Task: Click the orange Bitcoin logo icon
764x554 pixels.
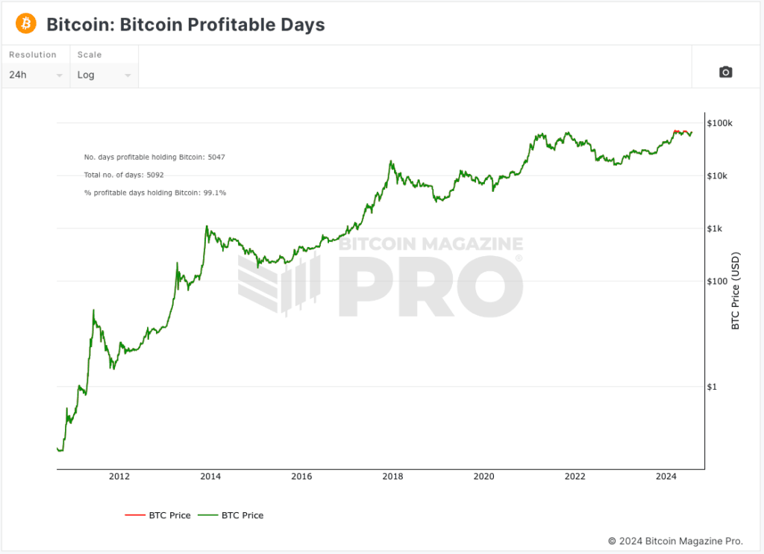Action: tap(25, 24)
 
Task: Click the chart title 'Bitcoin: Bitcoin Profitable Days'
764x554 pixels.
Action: tap(185, 25)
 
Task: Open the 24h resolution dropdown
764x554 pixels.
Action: tap(35, 75)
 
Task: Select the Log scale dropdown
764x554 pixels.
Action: tap(104, 75)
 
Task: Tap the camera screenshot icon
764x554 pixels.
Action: tap(725, 72)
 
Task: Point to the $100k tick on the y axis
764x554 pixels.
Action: tap(721, 123)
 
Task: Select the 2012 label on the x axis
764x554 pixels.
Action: tap(119, 477)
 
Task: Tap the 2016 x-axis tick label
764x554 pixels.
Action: tap(301, 477)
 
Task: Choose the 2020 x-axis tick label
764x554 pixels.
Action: tap(483, 477)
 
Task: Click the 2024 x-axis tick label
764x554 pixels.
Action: tap(666, 477)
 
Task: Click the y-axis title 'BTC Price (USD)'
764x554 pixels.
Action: tap(736, 291)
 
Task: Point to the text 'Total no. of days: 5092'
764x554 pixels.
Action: tap(124, 175)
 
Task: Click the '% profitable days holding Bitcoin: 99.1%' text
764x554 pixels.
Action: tap(155, 193)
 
